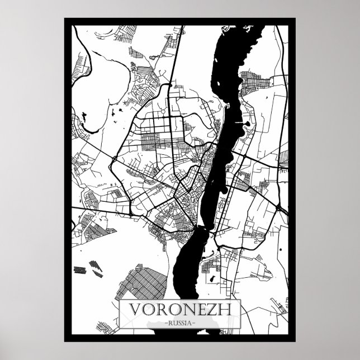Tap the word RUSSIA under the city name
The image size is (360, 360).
tap(179, 323)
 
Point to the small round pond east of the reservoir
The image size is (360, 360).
tap(246, 122)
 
